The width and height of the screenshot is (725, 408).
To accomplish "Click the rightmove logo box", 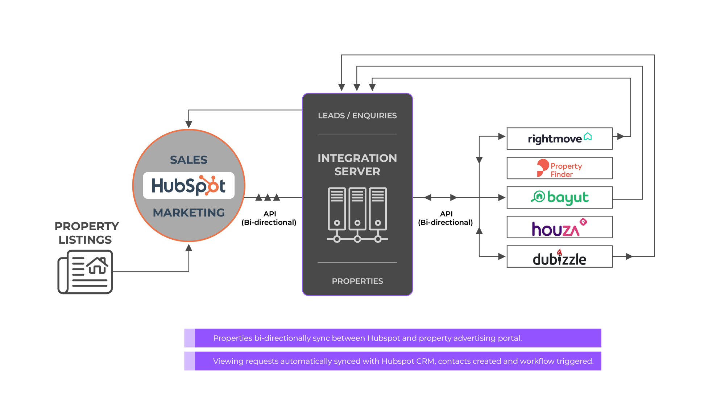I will point(559,139).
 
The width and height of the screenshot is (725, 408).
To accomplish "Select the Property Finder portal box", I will point(559,168).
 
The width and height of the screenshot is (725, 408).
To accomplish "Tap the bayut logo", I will point(559,198).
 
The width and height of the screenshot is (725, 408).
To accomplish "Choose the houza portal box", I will point(559,227).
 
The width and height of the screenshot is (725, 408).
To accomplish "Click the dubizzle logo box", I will point(559,257).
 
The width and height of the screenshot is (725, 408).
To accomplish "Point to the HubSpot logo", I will point(188,186).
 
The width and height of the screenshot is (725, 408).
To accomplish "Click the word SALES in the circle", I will point(188,160).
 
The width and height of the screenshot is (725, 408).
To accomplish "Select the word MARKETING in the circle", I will point(188,213).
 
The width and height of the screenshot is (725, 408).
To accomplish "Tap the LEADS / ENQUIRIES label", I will point(357,116).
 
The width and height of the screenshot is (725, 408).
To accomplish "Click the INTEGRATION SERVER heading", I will point(357,165).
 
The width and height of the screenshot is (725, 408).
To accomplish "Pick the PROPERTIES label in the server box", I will point(357,281).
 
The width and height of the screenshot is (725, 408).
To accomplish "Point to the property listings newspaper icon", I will point(86,272).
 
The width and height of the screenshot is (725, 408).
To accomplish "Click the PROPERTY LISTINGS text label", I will point(86,233).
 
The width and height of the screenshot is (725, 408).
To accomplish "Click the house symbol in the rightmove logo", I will point(588,136).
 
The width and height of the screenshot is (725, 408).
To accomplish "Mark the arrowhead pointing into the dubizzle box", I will point(502,257).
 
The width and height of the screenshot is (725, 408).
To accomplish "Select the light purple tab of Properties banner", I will point(190,338).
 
